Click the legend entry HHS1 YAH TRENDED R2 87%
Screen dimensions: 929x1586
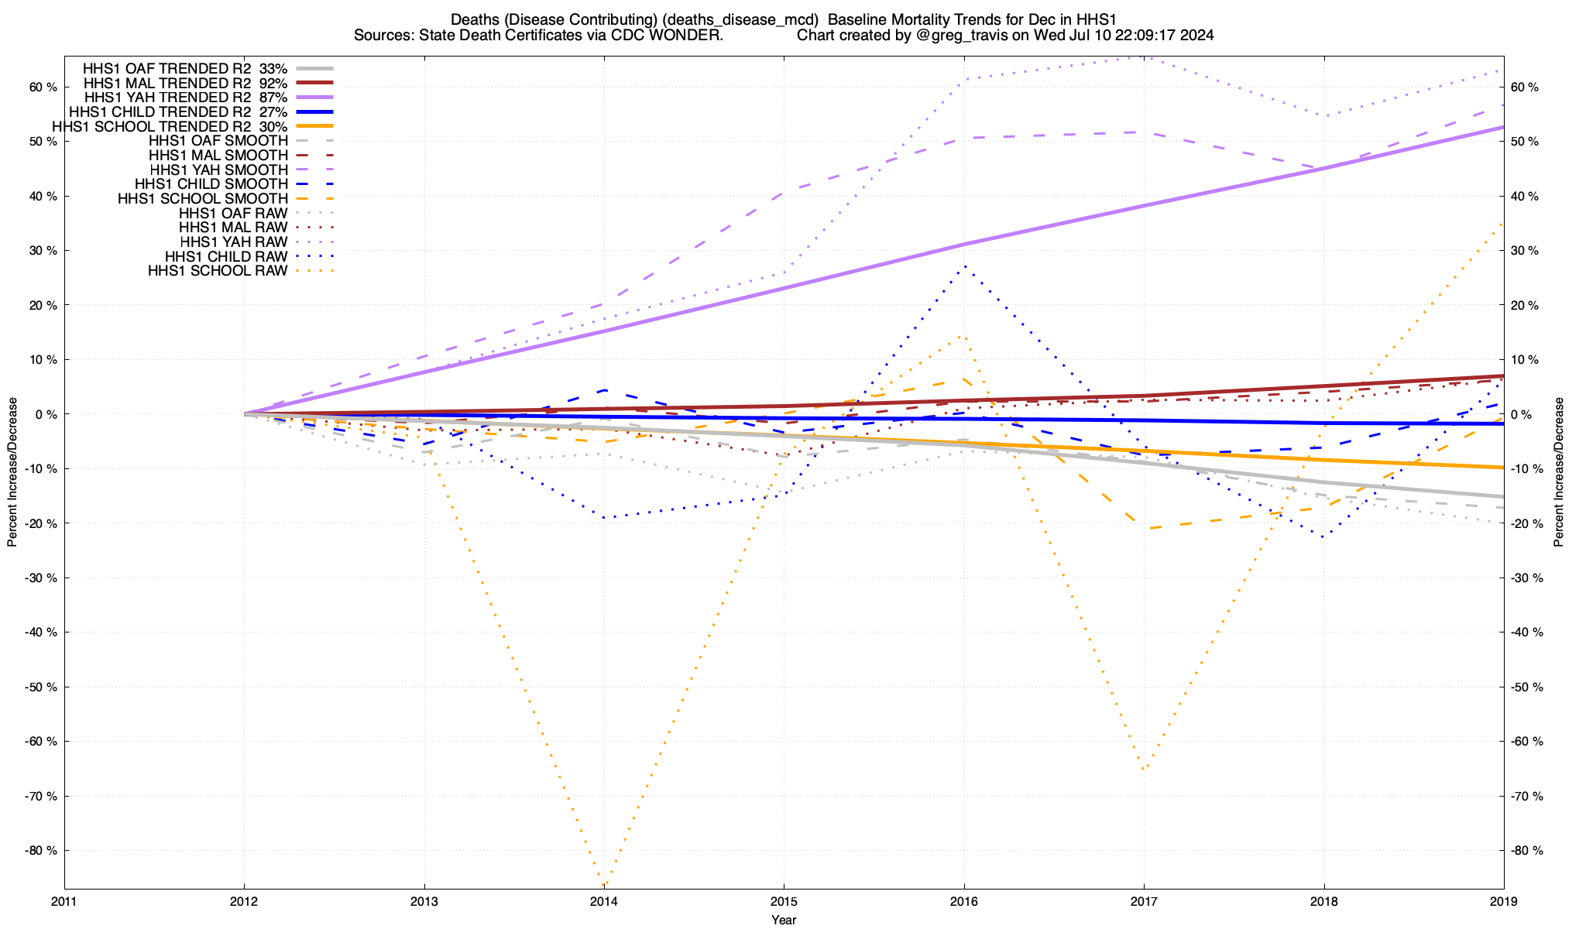(185, 98)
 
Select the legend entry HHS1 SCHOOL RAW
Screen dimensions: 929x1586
(218, 271)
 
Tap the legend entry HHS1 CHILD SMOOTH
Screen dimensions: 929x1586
(211, 184)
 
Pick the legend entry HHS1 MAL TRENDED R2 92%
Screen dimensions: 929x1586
(185, 83)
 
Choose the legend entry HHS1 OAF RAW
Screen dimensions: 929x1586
(232, 213)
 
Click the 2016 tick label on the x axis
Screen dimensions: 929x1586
(964, 901)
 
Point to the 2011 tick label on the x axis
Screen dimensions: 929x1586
(64, 901)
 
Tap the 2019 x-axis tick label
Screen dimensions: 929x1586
(1504, 901)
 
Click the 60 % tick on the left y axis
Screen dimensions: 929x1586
(44, 87)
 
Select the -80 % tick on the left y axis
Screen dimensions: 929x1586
(43, 850)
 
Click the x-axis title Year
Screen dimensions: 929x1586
(784, 920)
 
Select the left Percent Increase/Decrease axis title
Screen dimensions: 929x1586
(12, 472)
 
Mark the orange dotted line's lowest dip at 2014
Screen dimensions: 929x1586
(603, 885)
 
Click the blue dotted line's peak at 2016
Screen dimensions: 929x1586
(964, 266)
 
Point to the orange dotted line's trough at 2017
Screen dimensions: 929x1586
(1144, 769)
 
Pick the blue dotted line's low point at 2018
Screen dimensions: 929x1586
(1323, 536)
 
